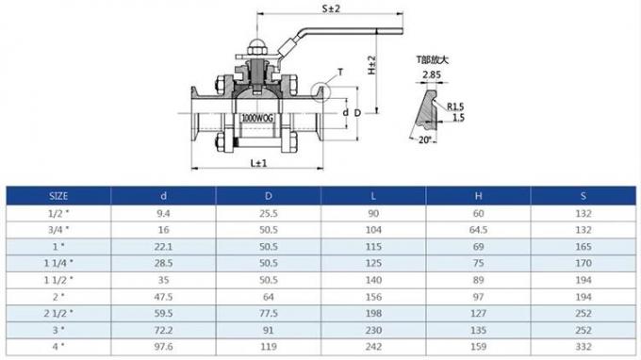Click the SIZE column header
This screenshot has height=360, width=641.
click(x=58, y=196)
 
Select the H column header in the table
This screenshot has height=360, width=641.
click(x=478, y=196)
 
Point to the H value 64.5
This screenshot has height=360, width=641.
click(x=478, y=229)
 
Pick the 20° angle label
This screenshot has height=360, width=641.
click(x=426, y=139)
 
